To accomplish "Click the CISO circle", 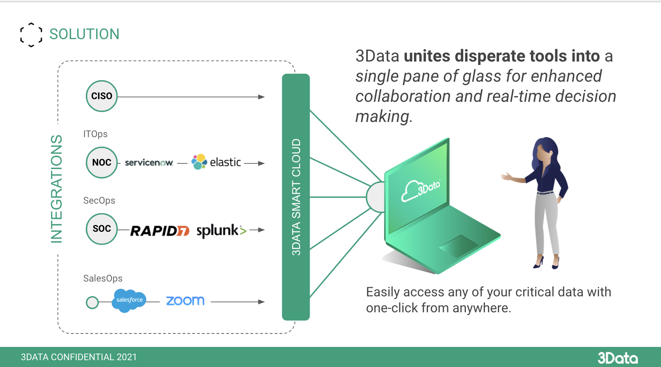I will pos(102,96).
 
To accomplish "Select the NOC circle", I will pos(102,163).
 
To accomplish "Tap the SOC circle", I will pos(102,229).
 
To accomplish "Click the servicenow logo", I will pos(149,163).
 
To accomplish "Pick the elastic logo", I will pos(216,162).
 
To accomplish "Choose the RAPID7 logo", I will pos(160,231).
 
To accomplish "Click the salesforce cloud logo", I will pos(129,300).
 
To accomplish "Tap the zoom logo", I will pos(185,301).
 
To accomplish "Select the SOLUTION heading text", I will pos(84,34).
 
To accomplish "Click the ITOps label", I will pos(95,134).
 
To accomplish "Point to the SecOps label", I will pos(99,201).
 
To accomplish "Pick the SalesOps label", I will pos(103,278).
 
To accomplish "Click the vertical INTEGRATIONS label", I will pos(56,188).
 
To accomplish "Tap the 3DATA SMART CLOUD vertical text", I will pos(296,197).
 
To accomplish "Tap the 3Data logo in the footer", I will pos(618,358).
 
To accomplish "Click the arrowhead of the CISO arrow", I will pos(262,97).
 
